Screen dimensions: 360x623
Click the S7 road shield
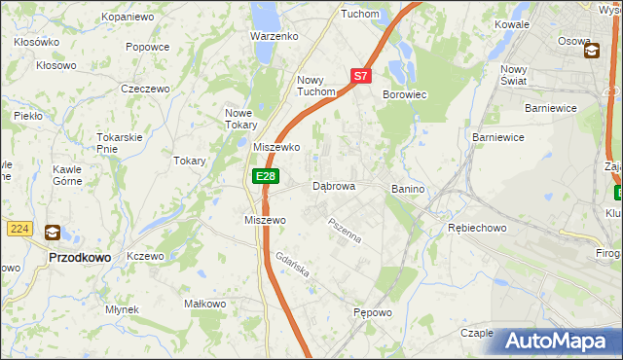[x=360, y=75]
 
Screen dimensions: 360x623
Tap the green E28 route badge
[x=265, y=175]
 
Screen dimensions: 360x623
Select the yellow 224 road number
[x=18, y=228]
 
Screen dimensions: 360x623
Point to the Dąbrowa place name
[x=333, y=186]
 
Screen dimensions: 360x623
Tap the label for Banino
[x=410, y=188]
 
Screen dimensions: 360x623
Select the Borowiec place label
[x=406, y=94]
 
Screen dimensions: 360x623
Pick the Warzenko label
[x=274, y=36]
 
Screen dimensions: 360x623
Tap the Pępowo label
[x=372, y=313]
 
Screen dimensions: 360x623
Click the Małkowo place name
[x=205, y=304]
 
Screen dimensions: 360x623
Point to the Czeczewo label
[x=145, y=89]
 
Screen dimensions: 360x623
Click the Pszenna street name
[x=345, y=232]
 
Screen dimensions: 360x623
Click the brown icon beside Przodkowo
[x=52, y=233]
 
